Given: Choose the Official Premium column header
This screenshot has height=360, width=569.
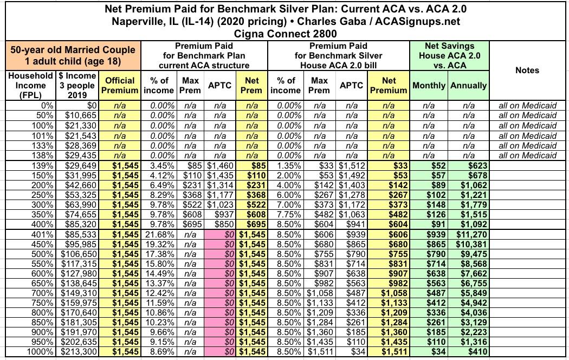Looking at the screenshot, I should [x=120, y=85].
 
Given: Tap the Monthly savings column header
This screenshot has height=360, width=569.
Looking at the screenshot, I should [x=429, y=86].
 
